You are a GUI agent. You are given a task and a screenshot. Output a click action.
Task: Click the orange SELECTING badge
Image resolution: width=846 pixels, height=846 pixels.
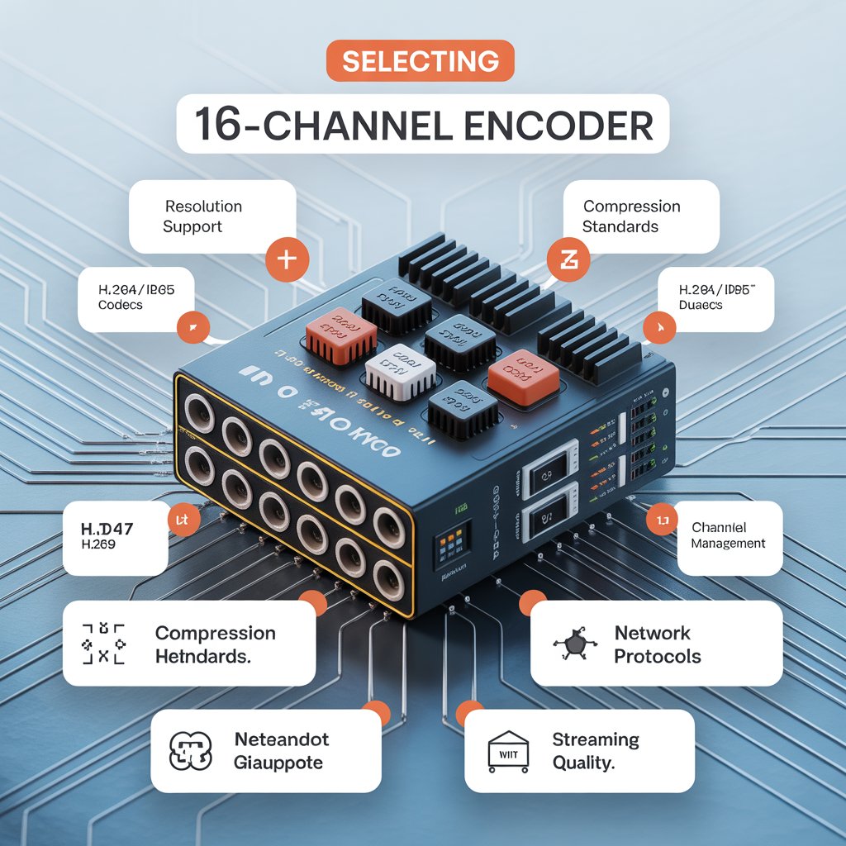[421, 61]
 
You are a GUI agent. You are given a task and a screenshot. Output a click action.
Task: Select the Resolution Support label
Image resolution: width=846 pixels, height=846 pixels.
[203, 216]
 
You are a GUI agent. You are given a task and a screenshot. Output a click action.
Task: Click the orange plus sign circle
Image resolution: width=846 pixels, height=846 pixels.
[286, 259]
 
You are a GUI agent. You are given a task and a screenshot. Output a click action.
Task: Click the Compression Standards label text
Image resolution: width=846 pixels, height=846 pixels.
[631, 216]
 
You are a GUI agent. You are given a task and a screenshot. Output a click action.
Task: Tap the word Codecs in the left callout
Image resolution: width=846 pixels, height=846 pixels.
[120, 305]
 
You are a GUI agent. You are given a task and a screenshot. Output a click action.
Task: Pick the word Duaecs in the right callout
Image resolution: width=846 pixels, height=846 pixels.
[701, 305]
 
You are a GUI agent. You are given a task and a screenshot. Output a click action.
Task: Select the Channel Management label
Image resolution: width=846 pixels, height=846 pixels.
[728, 535]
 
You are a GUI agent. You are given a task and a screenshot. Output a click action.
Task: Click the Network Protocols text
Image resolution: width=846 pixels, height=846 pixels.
[658, 644]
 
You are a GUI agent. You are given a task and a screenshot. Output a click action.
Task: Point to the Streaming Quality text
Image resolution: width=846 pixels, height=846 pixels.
[595, 750]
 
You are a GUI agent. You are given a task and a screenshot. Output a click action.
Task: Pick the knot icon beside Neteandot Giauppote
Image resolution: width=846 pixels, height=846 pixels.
[190, 750]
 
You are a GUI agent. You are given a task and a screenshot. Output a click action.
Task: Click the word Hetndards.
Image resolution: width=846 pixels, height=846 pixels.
[203, 657]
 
